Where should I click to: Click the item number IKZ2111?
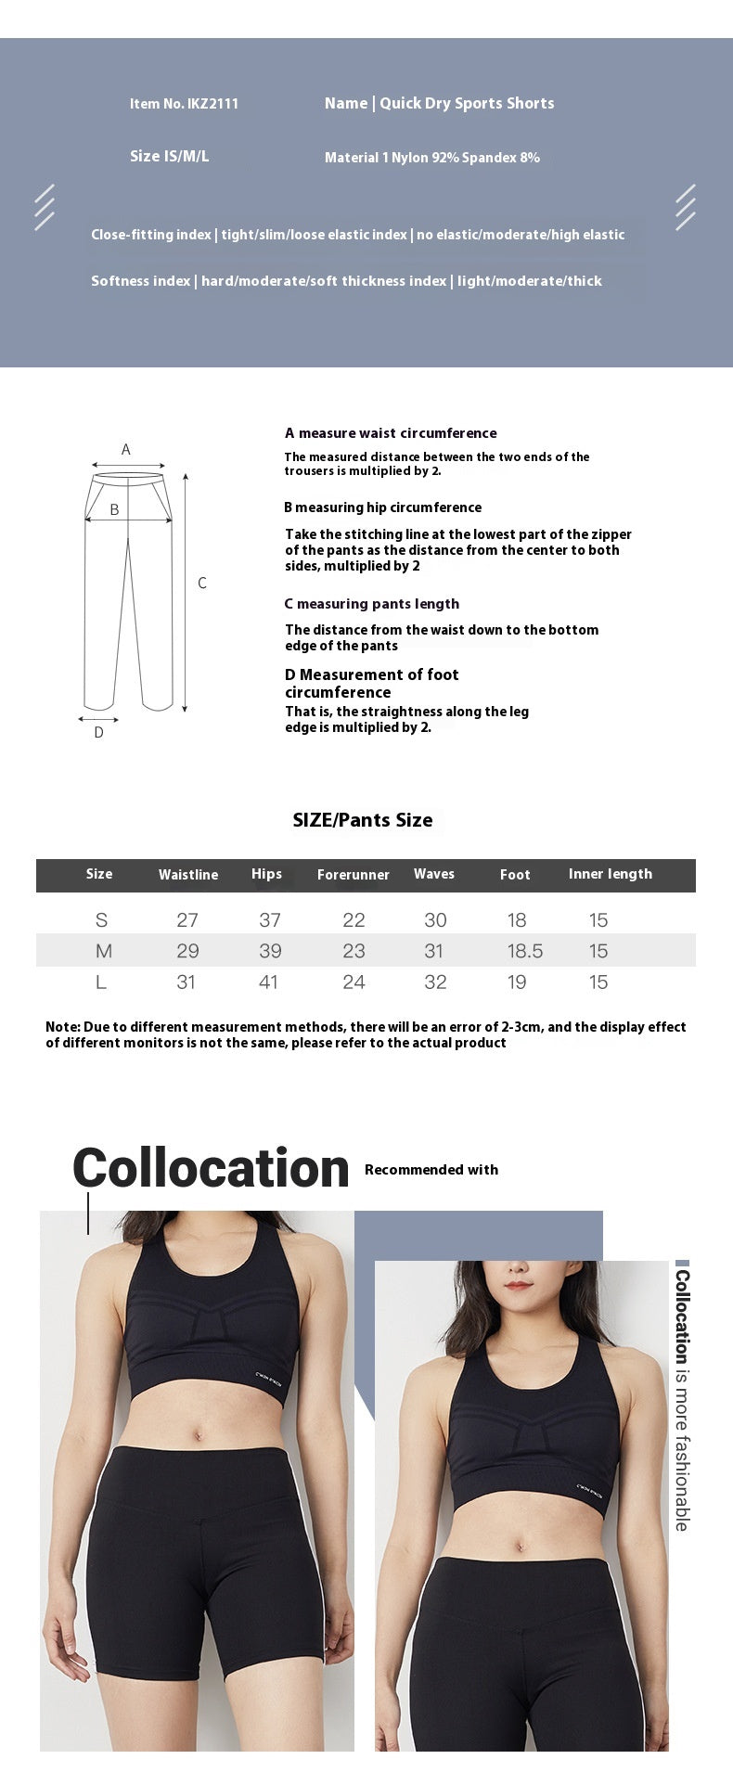click(x=185, y=104)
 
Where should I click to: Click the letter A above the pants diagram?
click(x=126, y=450)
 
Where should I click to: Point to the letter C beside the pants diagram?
click(x=202, y=583)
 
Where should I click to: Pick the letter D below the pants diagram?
click(x=99, y=733)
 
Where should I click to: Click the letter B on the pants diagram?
click(x=114, y=509)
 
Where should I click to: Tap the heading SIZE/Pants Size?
click(x=363, y=820)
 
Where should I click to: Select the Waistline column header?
click(x=188, y=875)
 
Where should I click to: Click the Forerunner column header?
click(x=354, y=875)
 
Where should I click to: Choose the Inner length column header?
click(x=611, y=874)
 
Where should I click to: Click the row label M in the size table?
click(x=104, y=951)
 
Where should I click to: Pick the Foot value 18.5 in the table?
click(x=525, y=951)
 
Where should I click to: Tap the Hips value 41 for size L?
click(x=268, y=982)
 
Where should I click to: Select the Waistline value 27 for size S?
click(x=187, y=920)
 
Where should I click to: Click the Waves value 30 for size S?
click(x=435, y=920)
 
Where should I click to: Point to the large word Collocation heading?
click(x=211, y=1168)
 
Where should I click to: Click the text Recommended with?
click(x=431, y=1170)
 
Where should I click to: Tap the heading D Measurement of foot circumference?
click(x=371, y=683)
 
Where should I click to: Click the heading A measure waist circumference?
click(x=391, y=433)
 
